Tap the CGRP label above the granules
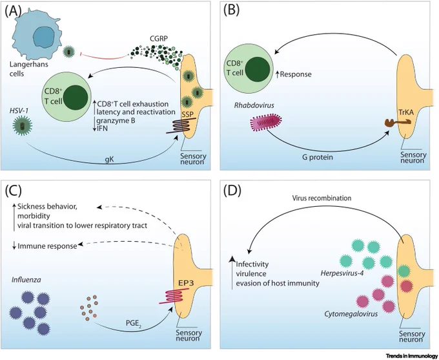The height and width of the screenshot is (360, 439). [x=159, y=39]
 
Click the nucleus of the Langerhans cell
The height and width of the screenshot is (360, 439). [x=45, y=37]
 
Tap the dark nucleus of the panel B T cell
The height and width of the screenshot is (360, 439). [x=258, y=69]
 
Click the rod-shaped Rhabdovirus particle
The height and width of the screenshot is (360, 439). [x=266, y=123]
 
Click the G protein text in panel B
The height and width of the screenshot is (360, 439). [x=317, y=157]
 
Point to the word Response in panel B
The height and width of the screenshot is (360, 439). [x=296, y=74]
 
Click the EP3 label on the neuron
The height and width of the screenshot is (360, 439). [x=186, y=283]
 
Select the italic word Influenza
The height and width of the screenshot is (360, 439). [x=26, y=279]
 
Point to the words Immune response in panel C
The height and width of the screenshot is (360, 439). [x=47, y=246]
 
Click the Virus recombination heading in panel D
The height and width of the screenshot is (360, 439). [x=322, y=198]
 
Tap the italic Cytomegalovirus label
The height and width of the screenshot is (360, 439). [x=351, y=313]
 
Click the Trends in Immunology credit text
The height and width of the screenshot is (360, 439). [x=412, y=356]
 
